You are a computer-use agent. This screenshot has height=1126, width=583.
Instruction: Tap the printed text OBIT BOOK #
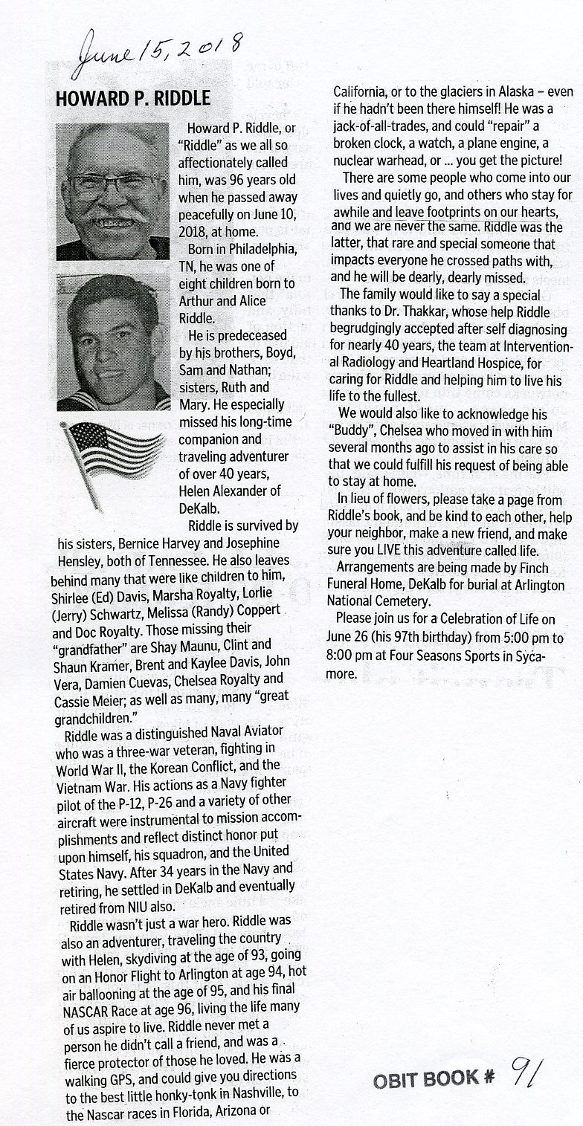425,1079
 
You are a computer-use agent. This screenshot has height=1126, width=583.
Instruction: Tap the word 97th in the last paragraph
408,638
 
